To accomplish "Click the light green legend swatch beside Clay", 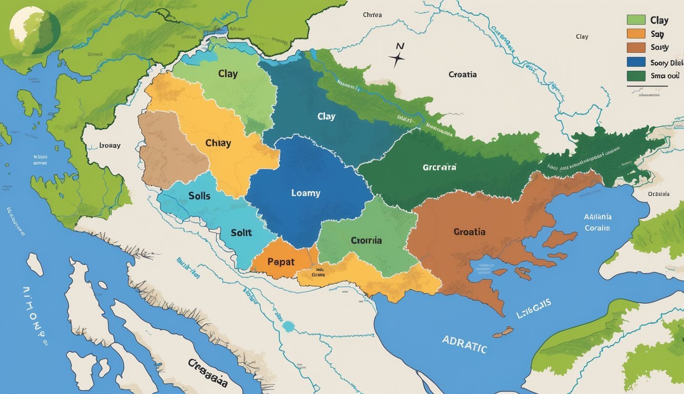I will pyautogui.click(x=635, y=20).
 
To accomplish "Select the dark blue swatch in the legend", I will pyautogui.click(x=635, y=62).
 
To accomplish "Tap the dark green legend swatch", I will pyautogui.click(x=635, y=76).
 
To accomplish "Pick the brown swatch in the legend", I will pyautogui.click(x=635, y=48).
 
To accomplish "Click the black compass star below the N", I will pyautogui.click(x=396, y=60).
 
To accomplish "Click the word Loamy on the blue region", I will pyautogui.click(x=305, y=193).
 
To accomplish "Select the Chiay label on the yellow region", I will pyautogui.click(x=218, y=143).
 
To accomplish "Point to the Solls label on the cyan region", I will pyautogui.click(x=199, y=196).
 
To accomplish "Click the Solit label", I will pyautogui.click(x=241, y=232).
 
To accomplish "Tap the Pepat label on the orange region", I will pyautogui.click(x=281, y=262).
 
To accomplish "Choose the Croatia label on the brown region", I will pyautogui.click(x=469, y=232).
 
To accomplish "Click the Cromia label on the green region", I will pyautogui.click(x=366, y=240).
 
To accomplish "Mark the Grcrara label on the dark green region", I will pyautogui.click(x=439, y=167).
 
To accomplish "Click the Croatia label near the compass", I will pyautogui.click(x=462, y=74).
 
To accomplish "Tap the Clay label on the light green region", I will pyautogui.click(x=227, y=74).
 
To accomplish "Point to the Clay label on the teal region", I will pyautogui.click(x=326, y=116).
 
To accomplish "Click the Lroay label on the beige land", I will pyautogui.click(x=109, y=146).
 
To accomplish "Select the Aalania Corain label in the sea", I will pyautogui.click(x=597, y=222).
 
